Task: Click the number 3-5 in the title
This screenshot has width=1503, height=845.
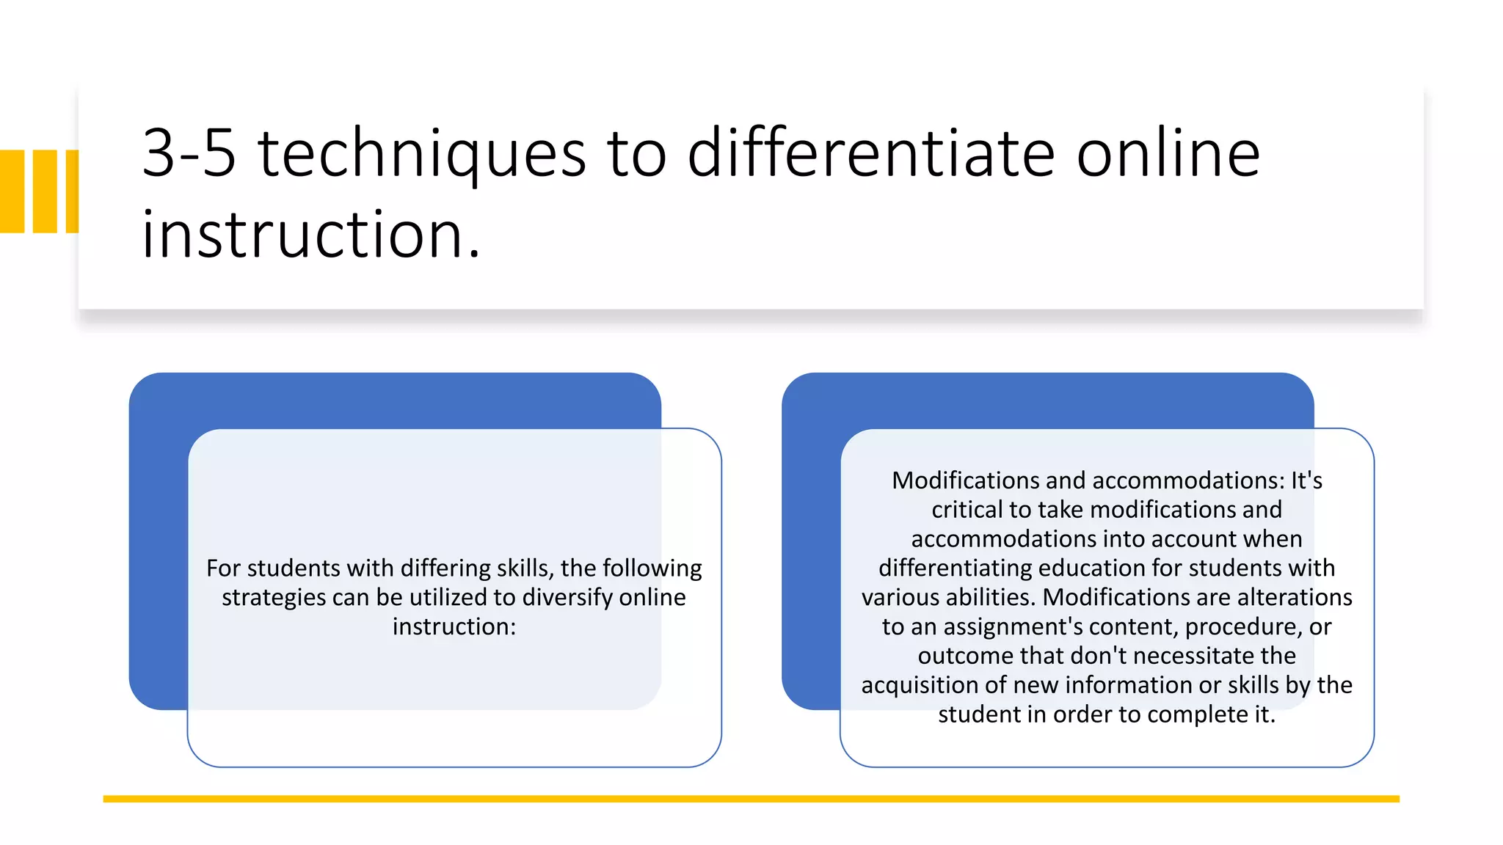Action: (x=189, y=153)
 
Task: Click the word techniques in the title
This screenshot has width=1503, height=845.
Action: (x=422, y=155)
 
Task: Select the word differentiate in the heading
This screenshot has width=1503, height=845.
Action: (x=870, y=153)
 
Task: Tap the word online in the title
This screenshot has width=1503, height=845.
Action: (x=1168, y=153)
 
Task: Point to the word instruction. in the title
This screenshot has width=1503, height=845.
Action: (x=310, y=235)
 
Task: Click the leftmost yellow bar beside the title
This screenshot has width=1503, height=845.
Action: (x=12, y=191)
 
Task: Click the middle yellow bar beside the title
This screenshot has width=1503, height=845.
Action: (x=45, y=191)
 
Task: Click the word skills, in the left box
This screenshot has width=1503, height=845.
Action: (x=524, y=568)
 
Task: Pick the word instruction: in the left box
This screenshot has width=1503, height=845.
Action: (x=454, y=626)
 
